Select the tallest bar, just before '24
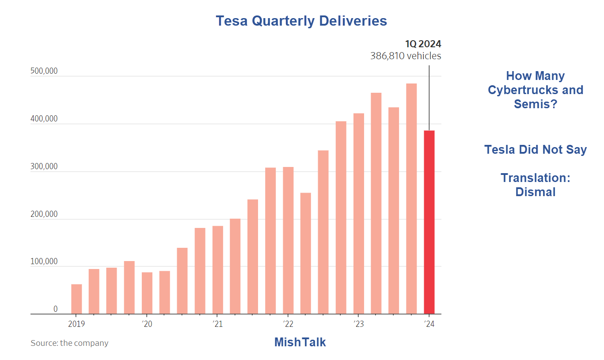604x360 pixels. coord(411,199)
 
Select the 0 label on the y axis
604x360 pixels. coord(55,309)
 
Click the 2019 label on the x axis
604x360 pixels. coord(76,324)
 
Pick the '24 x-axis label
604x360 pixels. coord(429,324)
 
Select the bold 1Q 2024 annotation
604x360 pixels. coord(423,44)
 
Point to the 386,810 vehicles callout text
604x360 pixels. coord(406,56)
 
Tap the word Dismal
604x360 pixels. coord(535,192)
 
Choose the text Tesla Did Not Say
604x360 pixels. coord(535,149)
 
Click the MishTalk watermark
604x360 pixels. coord(300,342)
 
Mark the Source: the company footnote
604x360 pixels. coord(69,343)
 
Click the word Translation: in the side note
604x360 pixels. coord(535,178)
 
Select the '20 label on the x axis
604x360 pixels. coord(147,324)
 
